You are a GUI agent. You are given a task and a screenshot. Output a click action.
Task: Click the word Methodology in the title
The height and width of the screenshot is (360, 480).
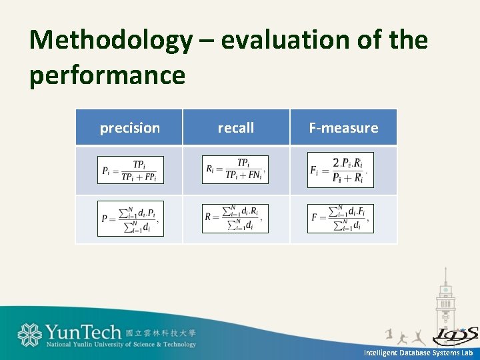click(x=110, y=41)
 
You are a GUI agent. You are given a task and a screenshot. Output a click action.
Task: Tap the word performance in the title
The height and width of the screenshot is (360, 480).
click(x=107, y=75)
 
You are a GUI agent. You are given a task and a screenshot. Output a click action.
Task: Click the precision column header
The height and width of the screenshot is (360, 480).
click(x=129, y=128)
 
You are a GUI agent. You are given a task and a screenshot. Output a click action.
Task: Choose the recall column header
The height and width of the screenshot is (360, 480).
click(x=236, y=128)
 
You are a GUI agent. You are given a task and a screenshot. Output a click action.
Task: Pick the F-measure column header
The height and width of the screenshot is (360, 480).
click(x=343, y=128)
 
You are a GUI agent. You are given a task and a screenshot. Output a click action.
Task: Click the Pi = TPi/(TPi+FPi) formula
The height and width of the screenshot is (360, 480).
click(x=130, y=171)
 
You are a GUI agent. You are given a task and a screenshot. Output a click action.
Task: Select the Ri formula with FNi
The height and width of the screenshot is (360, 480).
click(x=235, y=170)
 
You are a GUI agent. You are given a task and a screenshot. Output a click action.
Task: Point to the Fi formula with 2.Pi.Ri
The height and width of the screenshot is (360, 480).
click(x=340, y=170)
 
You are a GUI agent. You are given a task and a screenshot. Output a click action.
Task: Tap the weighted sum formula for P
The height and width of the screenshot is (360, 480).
click(x=130, y=219)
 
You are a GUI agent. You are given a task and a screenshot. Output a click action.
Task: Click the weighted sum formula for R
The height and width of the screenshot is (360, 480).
click(x=235, y=218)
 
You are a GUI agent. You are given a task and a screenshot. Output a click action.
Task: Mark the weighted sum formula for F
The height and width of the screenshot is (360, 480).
click(x=340, y=218)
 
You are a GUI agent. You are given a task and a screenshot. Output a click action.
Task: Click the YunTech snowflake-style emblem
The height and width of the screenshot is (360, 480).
click(x=29, y=335)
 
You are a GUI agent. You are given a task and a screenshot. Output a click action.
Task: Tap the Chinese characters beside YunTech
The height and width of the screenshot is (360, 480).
click(x=161, y=332)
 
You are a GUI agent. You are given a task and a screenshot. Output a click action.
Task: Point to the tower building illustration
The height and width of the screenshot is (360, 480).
click(x=445, y=300)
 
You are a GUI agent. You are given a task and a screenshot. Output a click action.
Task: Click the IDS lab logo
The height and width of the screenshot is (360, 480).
click(x=455, y=335)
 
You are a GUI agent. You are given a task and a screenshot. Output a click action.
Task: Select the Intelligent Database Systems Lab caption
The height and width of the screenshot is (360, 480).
click(x=418, y=353)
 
